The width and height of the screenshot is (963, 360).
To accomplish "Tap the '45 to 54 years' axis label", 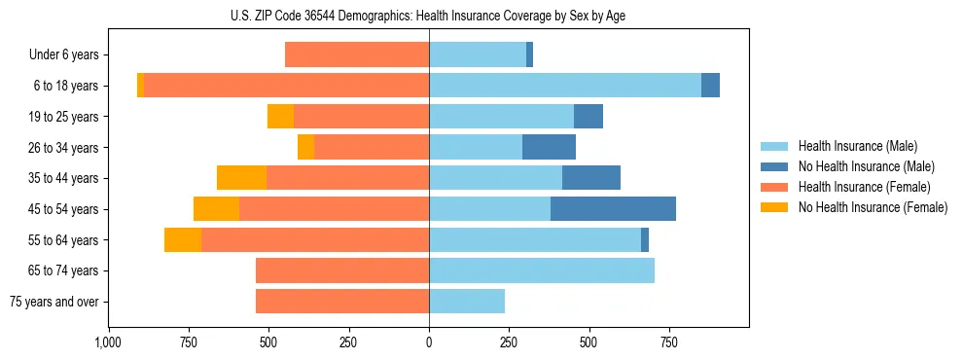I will click(64, 209).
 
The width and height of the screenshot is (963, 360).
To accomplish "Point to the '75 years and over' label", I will click(54, 302).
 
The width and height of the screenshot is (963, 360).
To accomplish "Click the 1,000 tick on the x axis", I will click(108, 342).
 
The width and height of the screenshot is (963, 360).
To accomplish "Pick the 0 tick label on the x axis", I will click(429, 342).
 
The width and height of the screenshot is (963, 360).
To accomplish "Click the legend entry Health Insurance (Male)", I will click(858, 146).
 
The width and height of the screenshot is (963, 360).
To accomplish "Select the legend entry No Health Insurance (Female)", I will click(873, 207).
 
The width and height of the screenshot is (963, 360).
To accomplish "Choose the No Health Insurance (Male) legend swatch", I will click(776, 166).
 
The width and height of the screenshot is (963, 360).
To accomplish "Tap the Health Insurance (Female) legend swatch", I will click(776, 187).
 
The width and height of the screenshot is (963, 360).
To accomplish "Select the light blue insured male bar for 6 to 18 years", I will click(564, 86).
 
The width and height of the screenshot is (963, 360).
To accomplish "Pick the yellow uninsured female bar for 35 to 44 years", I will click(241, 178).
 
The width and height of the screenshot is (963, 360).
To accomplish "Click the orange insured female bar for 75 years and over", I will click(342, 302).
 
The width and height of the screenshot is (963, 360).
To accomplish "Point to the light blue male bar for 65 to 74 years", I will click(542, 270).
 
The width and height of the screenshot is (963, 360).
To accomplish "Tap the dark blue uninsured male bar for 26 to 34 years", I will click(549, 147).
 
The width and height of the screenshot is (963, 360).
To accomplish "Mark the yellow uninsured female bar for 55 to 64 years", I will click(183, 239).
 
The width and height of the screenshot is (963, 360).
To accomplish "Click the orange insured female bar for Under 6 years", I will click(357, 55).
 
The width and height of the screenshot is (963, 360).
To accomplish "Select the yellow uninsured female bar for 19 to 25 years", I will click(280, 117).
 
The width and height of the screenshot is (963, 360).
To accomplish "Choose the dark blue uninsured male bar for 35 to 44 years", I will click(591, 178).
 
